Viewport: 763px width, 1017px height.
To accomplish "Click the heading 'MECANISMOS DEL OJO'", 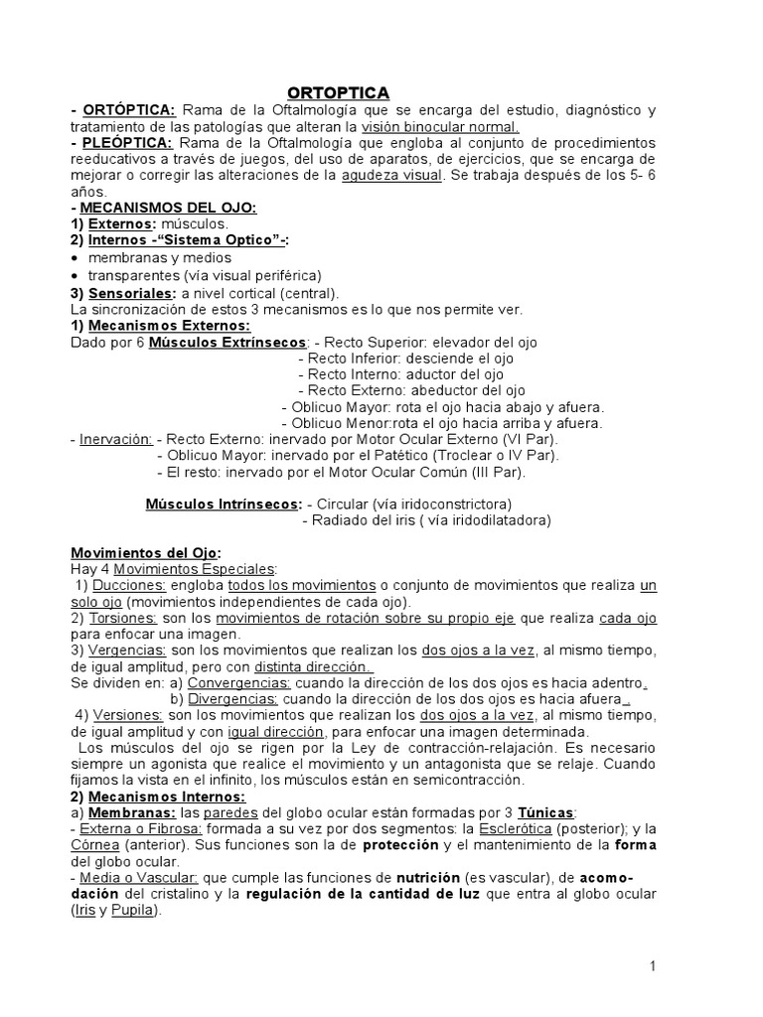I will pos(167,207).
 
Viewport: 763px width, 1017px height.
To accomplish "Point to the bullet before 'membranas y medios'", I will pos(76,258).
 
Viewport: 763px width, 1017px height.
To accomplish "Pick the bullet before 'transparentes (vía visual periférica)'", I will pos(76,275).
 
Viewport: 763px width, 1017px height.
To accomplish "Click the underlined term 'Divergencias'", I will pos(233,698).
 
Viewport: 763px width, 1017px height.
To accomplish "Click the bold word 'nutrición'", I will pos(429,878).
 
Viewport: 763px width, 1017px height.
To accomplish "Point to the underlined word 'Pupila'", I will pos(134,911).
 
